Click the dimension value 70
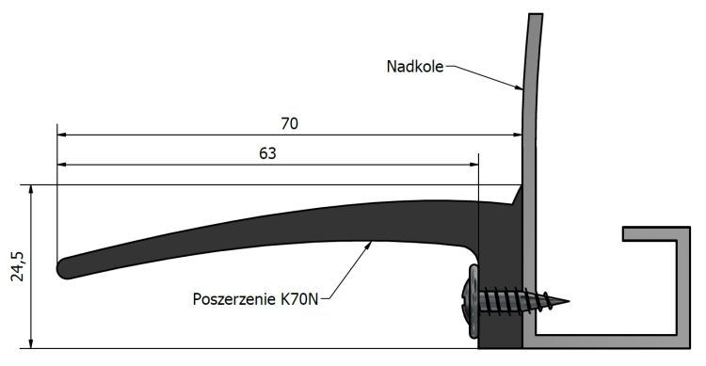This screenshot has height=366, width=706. pyautogui.click(x=289, y=123)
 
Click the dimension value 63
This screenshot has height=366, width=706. pyautogui.click(x=267, y=152)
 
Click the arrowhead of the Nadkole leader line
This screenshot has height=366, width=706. pyautogui.click(x=521, y=89)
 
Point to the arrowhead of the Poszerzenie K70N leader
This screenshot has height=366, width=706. pyautogui.click(x=372, y=243)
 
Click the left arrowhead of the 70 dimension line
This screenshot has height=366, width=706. pyautogui.click(x=62, y=135)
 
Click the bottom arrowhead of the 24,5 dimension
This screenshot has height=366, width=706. pyautogui.click(x=33, y=344)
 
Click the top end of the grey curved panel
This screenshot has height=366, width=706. pyautogui.click(x=535, y=17)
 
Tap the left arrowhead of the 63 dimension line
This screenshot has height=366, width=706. pyautogui.click(x=62, y=164)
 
